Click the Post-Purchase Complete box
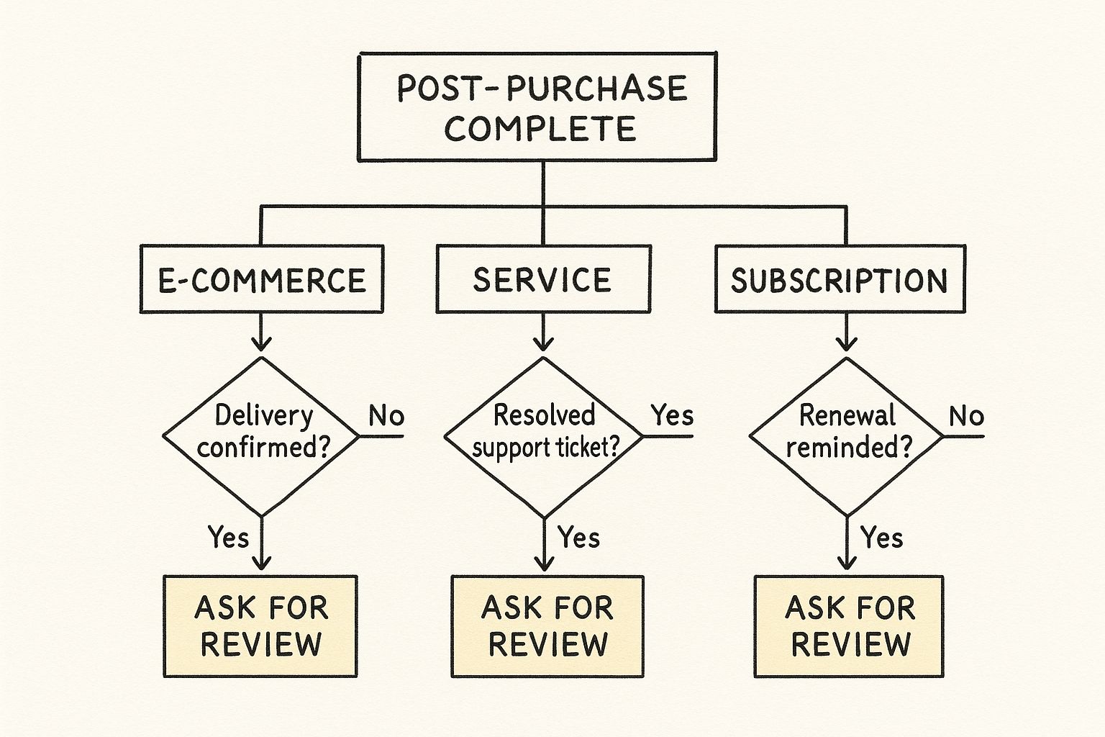click(537, 107)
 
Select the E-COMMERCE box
click(261, 279)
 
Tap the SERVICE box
click(543, 279)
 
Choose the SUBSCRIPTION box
click(840, 279)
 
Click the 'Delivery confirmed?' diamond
click(261, 435)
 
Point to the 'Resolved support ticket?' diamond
click(545, 435)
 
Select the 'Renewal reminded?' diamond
click(847, 435)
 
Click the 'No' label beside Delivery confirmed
click(386, 416)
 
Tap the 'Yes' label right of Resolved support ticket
click(672, 415)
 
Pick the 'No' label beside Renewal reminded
click(965, 416)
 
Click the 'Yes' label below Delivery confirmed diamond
click(228, 537)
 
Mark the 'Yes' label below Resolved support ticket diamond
click(578, 537)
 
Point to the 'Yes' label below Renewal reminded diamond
click(881, 537)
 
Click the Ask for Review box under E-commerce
click(260, 626)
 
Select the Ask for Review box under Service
click(547, 626)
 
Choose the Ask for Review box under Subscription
click(849, 626)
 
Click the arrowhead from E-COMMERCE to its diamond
click(261, 345)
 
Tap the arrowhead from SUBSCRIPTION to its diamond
click(847, 345)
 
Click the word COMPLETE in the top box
click(540, 129)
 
